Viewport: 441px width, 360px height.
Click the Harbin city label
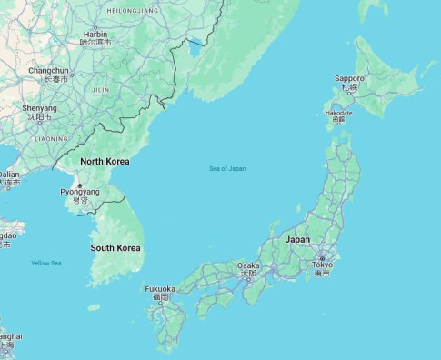click(95, 33)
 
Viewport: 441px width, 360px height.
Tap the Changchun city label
click(48, 70)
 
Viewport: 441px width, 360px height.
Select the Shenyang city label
click(40, 107)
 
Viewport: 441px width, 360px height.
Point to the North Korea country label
click(105, 161)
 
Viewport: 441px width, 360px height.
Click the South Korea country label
click(115, 247)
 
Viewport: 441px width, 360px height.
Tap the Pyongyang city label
click(80, 193)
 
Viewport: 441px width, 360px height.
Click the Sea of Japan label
click(227, 168)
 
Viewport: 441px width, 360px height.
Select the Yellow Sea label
click(46, 263)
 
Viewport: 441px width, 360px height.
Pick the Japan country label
click(297, 239)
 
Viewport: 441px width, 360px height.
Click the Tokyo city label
click(322, 265)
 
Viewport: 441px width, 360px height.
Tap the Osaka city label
click(247, 266)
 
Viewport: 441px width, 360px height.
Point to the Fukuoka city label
click(159, 289)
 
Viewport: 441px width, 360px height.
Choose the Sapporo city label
click(349, 79)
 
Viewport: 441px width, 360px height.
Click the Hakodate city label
click(338, 113)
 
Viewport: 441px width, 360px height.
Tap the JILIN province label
click(100, 90)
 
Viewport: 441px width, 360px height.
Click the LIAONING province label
click(50, 139)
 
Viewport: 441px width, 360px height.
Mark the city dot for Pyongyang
click(80, 185)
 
